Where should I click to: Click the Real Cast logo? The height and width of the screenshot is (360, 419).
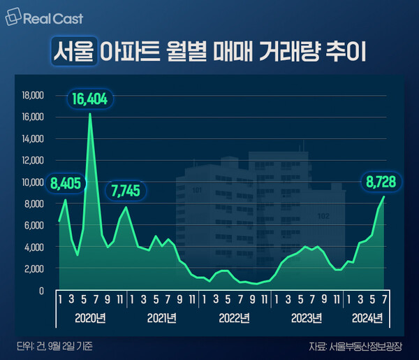pyautogui.click(x=37, y=17)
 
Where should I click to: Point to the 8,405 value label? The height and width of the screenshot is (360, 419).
pyautogui.click(x=67, y=185)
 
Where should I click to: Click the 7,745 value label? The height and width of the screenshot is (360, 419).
pyautogui.click(x=126, y=190)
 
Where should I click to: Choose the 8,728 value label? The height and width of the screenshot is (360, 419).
pyautogui.click(x=381, y=184)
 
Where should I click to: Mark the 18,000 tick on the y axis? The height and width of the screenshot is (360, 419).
pyautogui.click(x=34, y=95)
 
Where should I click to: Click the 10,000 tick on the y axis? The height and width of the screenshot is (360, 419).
pyautogui.click(x=34, y=182)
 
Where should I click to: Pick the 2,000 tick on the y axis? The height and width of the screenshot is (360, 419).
pyautogui.click(x=36, y=268)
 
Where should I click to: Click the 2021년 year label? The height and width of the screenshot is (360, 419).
pyautogui.click(x=163, y=318)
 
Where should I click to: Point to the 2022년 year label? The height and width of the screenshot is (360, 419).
pyautogui.click(x=235, y=318)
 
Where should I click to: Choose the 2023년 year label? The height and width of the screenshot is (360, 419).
pyautogui.click(x=308, y=318)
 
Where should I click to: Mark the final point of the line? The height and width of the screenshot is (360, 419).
pyautogui.click(x=383, y=197)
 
